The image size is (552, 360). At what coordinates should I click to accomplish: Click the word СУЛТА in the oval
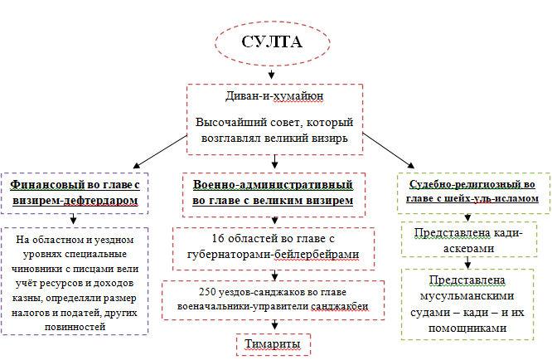click(x=271, y=41)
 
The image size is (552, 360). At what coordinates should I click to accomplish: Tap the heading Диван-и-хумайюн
click(x=274, y=96)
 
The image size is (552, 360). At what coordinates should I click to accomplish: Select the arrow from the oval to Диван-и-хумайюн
click(x=271, y=73)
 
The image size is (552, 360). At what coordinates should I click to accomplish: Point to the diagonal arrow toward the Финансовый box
click(x=160, y=152)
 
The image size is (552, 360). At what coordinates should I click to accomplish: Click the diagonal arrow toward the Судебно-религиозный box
click(x=388, y=151)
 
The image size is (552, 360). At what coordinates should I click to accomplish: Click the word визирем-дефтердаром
click(x=75, y=201)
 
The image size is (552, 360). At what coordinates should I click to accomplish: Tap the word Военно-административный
click(x=273, y=185)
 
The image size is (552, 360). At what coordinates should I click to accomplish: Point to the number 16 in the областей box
click(x=218, y=238)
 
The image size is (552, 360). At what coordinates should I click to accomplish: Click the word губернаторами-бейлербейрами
click(x=274, y=255)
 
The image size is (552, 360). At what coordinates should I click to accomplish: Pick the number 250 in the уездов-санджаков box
click(x=207, y=292)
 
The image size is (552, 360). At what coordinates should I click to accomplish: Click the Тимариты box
click(x=274, y=344)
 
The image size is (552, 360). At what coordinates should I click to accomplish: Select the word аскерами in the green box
click(x=468, y=248)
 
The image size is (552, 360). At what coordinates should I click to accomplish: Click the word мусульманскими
click(x=467, y=296)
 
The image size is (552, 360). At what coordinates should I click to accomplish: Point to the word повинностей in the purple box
click(x=75, y=327)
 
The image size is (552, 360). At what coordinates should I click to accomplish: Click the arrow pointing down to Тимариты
click(x=274, y=324)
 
